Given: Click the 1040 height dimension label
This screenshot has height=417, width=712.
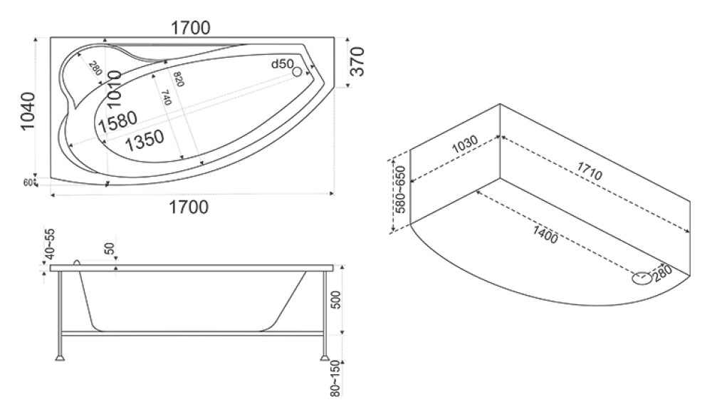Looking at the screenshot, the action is (x=28, y=110).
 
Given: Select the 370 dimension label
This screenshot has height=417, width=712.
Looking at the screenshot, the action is (x=357, y=61).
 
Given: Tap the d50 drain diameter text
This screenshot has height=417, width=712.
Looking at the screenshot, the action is (x=283, y=64).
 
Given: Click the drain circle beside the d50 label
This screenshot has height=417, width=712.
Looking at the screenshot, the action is (x=298, y=71).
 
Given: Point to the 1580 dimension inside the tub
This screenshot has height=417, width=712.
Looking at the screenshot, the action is (x=117, y=121).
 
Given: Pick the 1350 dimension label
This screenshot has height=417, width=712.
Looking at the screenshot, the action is (x=144, y=140).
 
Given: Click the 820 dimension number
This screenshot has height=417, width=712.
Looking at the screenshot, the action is (x=177, y=79).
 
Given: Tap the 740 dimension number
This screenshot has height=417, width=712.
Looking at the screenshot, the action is (x=166, y=98).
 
